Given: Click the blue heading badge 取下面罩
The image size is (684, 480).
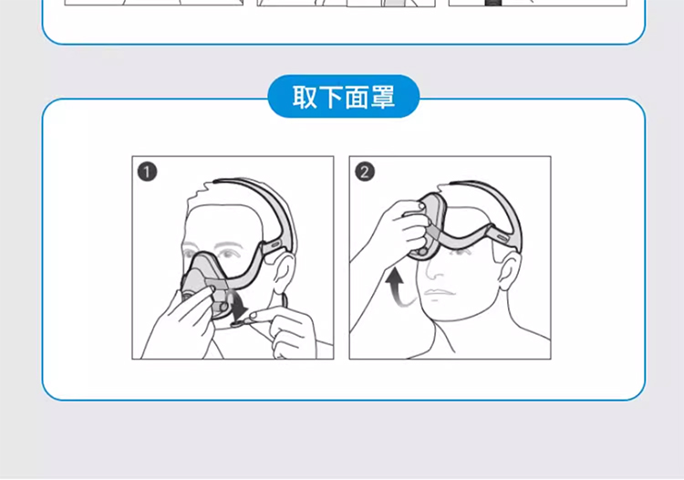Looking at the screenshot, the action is click(x=343, y=97).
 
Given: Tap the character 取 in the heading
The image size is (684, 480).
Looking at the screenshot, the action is click(x=304, y=97).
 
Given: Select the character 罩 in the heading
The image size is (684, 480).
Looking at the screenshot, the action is click(x=383, y=97).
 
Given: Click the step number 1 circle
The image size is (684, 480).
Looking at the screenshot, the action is click(x=147, y=172).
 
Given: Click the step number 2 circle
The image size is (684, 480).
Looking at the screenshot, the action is click(x=365, y=172).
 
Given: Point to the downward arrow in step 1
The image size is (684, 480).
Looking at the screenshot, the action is click(x=238, y=306).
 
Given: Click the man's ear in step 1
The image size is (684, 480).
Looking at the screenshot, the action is click(x=283, y=271).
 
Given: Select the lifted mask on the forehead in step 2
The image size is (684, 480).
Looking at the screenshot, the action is click(x=430, y=227).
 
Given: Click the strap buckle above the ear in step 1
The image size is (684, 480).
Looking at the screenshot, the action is click(x=275, y=245).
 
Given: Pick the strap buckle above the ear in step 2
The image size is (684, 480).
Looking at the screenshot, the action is click(x=502, y=238).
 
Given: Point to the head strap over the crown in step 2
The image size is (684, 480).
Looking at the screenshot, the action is click(x=502, y=205).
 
